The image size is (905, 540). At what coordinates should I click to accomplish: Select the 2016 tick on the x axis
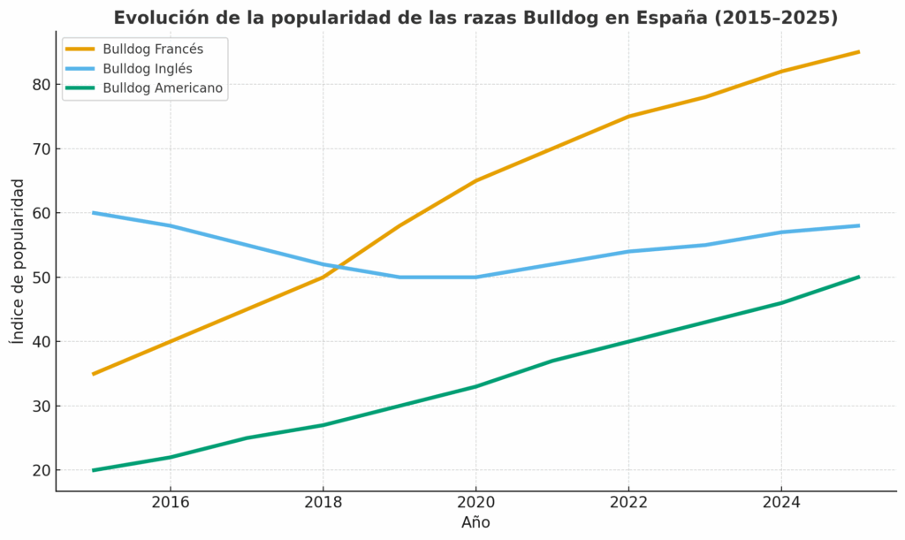pos(170,502)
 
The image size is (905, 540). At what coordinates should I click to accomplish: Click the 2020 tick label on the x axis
pos(475,502)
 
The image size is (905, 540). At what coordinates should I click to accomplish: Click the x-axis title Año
pos(475,522)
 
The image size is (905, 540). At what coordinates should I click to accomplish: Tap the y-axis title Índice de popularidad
pos(18,261)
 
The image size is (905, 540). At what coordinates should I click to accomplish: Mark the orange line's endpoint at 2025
pos(858,52)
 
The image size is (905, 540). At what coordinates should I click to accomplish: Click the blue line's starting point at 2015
pos(94,213)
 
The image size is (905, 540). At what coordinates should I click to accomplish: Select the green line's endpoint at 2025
pos(858,277)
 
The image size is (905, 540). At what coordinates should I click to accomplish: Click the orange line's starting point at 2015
pos(94,374)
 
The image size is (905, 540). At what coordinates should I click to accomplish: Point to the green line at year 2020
pos(475,386)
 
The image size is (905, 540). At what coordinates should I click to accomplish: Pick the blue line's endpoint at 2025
pos(858,225)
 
